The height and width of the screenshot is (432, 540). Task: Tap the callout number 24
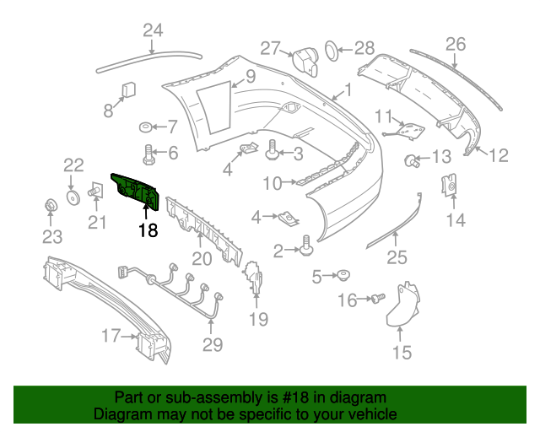[x=152, y=32]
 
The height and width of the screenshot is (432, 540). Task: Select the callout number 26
[x=455, y=44]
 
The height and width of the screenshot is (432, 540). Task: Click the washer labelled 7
[x=146, y=128]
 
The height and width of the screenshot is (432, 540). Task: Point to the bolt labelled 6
[x=150, y=154]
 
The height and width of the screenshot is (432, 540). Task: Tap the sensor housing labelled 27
[x=305, y=62]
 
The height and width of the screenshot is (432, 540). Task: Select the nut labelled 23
[x=50, y=205]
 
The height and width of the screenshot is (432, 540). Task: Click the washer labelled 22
[x=73, y=197]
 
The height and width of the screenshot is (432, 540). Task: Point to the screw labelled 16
[x=377, y=298]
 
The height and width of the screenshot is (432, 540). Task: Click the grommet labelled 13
[x=411, y=159]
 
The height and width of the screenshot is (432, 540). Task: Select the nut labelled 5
[x=344, y=275]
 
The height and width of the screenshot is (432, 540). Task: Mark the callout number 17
[x=111, y=337]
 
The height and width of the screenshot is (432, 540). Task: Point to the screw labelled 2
[x=306, y=247]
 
